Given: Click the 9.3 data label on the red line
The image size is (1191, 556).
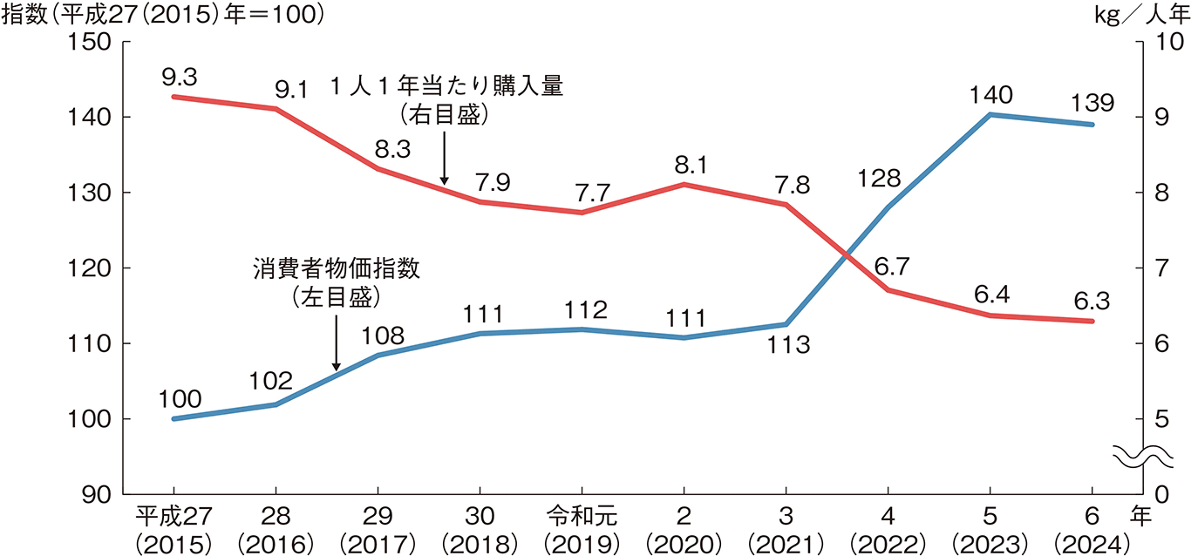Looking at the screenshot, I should pos(179,78).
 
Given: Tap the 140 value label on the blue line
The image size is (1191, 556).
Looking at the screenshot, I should pos(990,95).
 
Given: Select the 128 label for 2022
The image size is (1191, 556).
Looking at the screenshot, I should pos(880,179).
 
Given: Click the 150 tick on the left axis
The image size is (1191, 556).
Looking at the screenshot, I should pos(96,42).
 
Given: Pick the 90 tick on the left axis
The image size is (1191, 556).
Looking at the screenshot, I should pos(103,494).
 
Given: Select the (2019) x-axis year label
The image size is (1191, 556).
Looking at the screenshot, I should pos(582,543).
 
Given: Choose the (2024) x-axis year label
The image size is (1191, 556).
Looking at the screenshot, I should pos(1092,543).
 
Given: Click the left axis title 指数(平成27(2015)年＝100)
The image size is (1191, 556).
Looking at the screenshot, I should pos(163,15).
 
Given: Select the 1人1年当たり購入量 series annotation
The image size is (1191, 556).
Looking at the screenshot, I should pos(446,87).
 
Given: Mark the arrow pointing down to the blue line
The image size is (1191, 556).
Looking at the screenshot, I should pos(337,342).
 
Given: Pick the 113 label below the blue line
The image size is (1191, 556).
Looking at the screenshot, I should pos(789,345).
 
